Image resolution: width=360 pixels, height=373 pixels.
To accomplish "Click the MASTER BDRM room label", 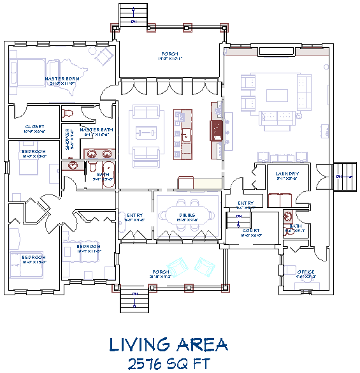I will (x=61, y=80).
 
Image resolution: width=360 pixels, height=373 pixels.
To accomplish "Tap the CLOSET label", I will (x=35, y=127).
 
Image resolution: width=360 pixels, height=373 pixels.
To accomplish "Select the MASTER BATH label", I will (x=96, y=129).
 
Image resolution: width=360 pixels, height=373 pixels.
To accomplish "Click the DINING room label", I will (x=187, y=216).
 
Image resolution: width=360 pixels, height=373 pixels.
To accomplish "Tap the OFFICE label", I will (x=306, y=272).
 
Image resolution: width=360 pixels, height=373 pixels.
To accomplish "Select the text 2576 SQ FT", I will (x=168, y=363).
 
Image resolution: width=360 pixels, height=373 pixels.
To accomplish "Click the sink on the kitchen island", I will (x=187, y=135).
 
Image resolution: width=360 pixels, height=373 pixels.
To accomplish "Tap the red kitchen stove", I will (x=216, y=130).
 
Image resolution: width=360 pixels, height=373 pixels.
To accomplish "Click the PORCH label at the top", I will (x=169, y=54).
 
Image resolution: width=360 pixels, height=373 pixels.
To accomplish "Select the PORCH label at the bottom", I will (x=169, y=274).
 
